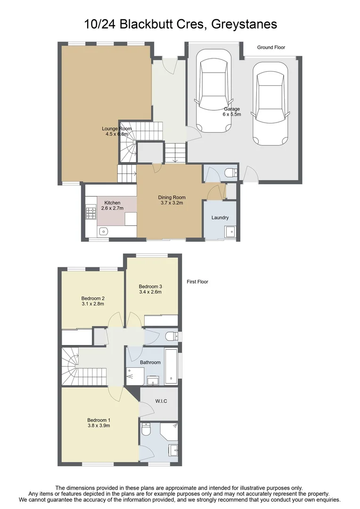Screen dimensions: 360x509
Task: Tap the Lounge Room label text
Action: point(117,129)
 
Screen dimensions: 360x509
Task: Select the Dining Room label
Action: point(172,197)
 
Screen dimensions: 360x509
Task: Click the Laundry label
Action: point(220,217)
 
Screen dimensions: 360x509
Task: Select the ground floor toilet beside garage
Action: point(232,173)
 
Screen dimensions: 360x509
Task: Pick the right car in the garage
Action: point(270,103)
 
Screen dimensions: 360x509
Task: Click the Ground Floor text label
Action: point(271,48)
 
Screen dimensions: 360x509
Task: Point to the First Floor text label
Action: point(197,282)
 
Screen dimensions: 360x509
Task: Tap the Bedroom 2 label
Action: point(93,298)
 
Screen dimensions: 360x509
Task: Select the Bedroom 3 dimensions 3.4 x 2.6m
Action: point(150,292)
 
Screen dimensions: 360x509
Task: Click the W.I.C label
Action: point(161,401)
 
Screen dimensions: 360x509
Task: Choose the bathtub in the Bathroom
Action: point(171,367)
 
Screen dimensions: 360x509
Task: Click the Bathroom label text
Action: point(150,362)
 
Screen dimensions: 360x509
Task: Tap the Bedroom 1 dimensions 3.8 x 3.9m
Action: point(98,426)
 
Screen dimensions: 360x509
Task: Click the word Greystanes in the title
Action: point(244,24)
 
